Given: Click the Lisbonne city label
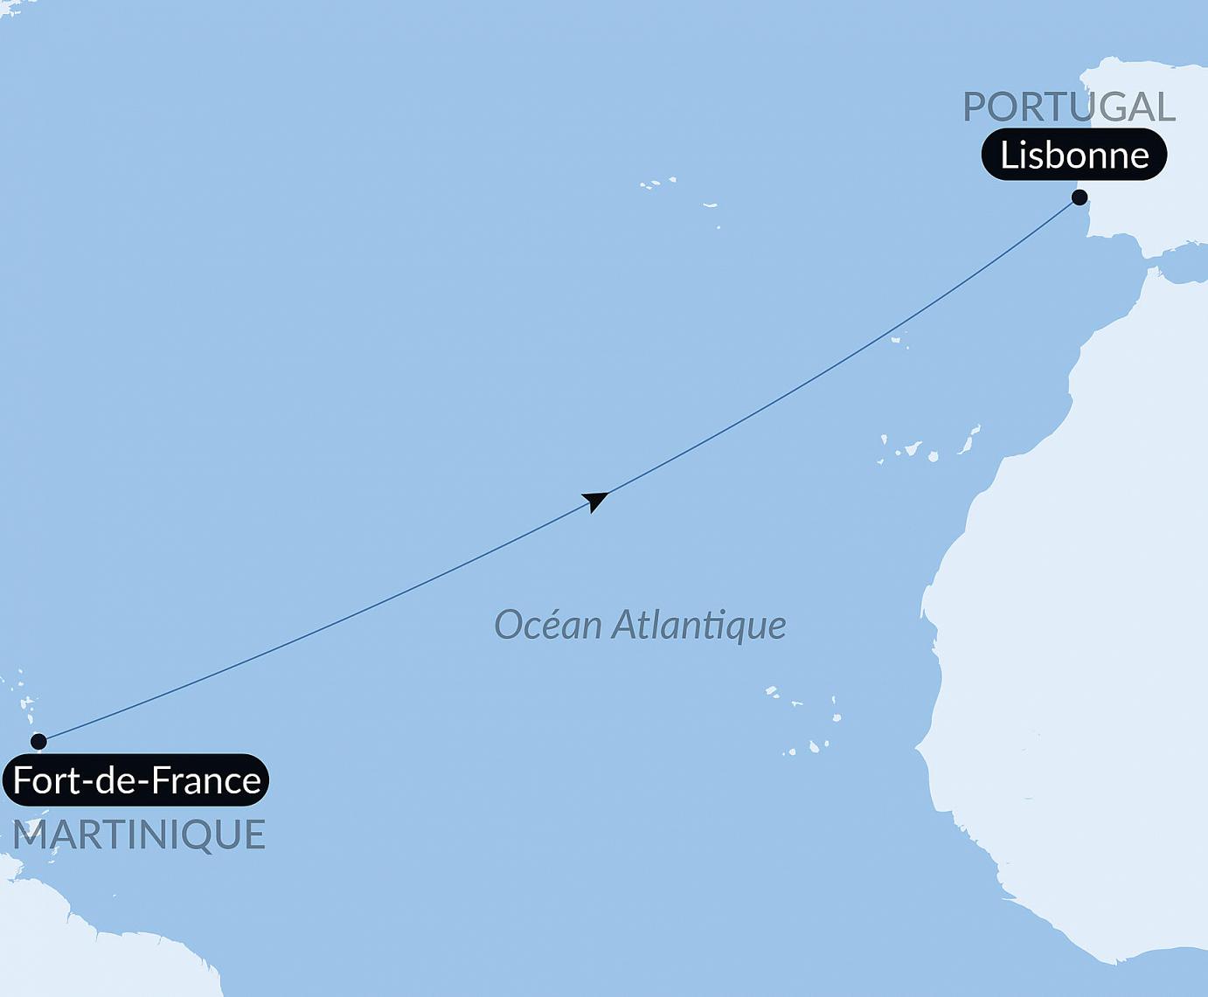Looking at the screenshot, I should click(1073, 156).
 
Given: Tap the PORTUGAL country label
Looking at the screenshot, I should click(1068, 107).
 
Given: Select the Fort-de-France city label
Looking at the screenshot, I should click(136, 780).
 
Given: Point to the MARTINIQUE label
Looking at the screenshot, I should click(139, 834).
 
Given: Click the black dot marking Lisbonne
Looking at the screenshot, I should click(1080, 197).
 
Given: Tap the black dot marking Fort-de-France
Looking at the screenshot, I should click(38, 742).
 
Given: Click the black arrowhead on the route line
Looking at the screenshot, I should click(595, 501).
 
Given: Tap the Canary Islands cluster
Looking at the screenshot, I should click(932, 447).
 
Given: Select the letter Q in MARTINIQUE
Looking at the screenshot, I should click(203, 835).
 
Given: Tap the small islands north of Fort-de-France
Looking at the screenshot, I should click(27, 704).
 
